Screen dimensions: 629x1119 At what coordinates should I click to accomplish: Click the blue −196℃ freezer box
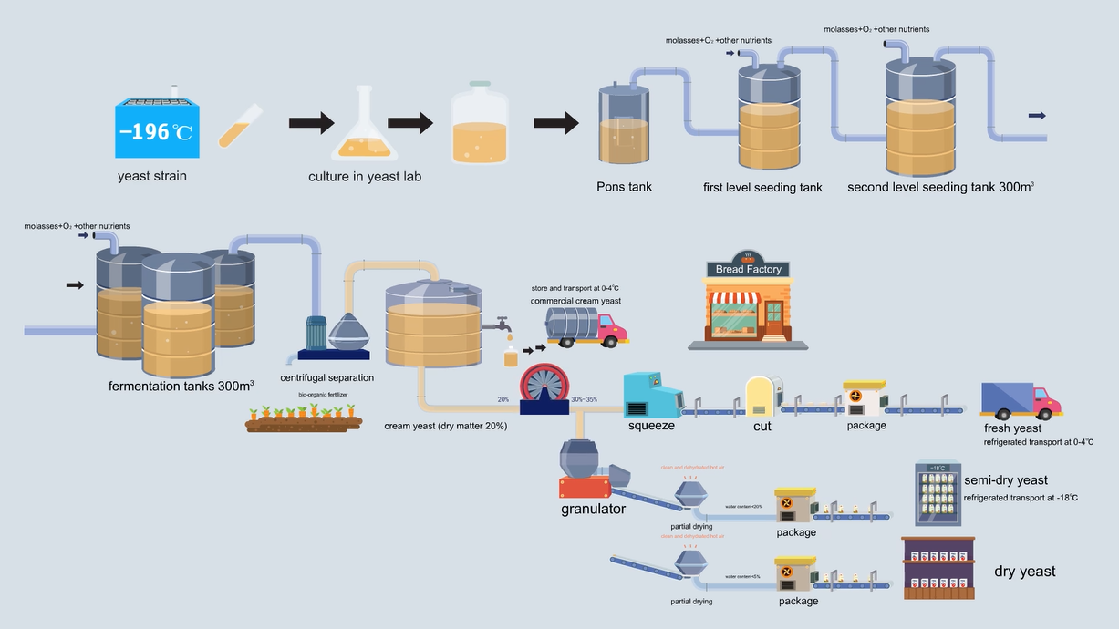pos(156,129)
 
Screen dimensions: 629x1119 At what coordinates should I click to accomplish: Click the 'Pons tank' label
pos(624,187)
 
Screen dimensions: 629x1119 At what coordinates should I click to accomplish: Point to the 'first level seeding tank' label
pos(762,188)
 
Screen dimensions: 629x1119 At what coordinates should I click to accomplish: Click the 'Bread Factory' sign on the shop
pos(748,269)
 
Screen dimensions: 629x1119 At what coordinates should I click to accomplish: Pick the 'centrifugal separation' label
pos(326,377)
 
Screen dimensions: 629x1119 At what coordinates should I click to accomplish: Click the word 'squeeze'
pos(651,425)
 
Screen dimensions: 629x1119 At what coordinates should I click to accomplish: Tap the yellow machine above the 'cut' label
pos(760,396)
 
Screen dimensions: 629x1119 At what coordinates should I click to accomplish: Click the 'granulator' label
pos(593,509)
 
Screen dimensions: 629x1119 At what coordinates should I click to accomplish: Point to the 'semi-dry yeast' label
pos(1006,480)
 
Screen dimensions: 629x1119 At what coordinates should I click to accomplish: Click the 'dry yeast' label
pos(1024,572)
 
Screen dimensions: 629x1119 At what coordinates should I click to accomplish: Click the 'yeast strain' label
pos(152,176)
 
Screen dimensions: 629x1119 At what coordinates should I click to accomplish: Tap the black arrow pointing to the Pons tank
pos(556,123)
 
